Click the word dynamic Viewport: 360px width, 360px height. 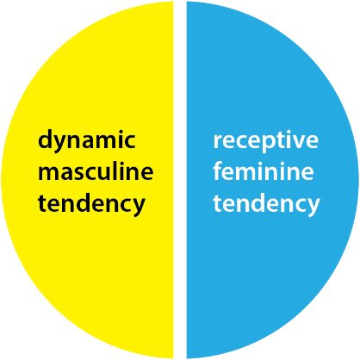(87, 140)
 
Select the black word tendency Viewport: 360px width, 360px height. (91, 204)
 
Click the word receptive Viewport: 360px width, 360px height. (265, 141)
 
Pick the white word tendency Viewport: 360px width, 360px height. (266, 203)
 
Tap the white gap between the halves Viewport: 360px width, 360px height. (180, 180)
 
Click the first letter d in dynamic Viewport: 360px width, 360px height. (46, 139)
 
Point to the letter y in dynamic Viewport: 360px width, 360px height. (64, 144)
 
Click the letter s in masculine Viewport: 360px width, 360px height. (82, 173)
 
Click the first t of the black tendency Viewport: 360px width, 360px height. (43, 202)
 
